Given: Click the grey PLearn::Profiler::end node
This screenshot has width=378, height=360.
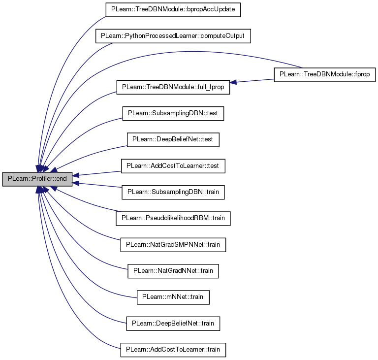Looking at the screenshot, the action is pyautogui.click(x=37, y=179).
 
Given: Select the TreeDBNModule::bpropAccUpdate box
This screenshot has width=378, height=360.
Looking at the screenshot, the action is pyautogui.click(x=173, y=10).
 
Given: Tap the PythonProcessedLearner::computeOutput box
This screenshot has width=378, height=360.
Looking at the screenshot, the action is pyautogui.click(x=173, y=36).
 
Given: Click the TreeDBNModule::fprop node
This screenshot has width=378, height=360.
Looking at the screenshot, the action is pyautogui.click(x=325, y=74).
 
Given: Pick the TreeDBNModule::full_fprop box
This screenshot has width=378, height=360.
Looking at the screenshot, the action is pyautogui.click(x=173, y=87).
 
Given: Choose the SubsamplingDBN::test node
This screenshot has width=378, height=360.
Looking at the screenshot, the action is pyautogui.click(x=173, y=113).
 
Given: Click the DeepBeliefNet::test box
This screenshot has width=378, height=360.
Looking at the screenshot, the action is pyautogui.click(x=173, y=140).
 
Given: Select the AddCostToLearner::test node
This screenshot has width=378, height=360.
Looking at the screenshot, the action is pyautogui.click(x=173, y=166).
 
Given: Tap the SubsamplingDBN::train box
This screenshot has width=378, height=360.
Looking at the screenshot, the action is pyautogui.click(x=173, y=192).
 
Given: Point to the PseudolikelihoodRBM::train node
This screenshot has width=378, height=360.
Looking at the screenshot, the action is pyautogui.click(x=173, y=219).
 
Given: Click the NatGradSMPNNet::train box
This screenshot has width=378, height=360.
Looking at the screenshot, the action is pyautogui.click(x=173, y=245).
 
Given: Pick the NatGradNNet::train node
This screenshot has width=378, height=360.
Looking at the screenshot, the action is pyautogui.click(x=173, y=271).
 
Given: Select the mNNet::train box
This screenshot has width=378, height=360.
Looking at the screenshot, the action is pyautogui.click(x=173, y=297).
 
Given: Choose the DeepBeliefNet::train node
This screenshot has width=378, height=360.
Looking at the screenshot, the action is pyautogui.click(x=173, y=324).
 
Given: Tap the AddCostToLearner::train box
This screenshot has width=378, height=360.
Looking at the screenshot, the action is pyautogui.click(x=173, y=350).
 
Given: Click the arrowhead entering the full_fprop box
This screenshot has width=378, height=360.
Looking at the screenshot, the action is pyautogui.click(x=233, y=82).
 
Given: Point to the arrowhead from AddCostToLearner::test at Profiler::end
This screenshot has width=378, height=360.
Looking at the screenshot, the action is pyautogui.click(x=76, y=175).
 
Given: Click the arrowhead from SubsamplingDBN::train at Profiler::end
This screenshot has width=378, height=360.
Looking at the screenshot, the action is pyautogui.click(x=76, y=183).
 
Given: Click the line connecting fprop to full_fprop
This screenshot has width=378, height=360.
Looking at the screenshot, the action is pyautogui.click(x=252, y=81).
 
